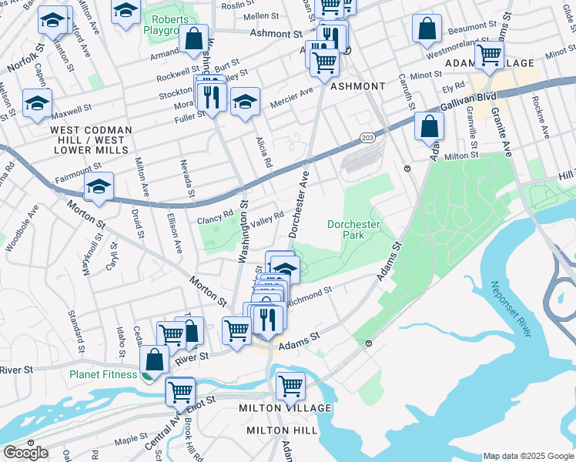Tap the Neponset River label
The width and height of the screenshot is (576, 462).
point(510,308)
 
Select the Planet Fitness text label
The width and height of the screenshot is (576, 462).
point(102,375)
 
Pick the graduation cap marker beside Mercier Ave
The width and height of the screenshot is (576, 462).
point(245,102)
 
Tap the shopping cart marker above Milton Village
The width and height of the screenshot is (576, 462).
point(290,385)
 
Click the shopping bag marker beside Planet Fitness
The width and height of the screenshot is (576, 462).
point(155,359)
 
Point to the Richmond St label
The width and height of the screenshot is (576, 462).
point(310,296)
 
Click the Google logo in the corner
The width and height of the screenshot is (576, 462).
point(25,453)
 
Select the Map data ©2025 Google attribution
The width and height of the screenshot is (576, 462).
point(527,456)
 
